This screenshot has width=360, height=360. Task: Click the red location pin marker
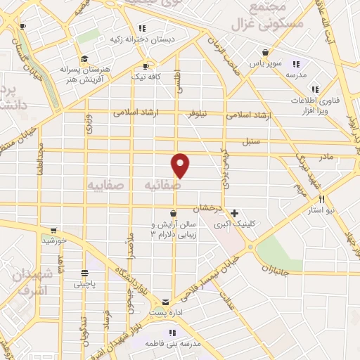(x=181, y=165)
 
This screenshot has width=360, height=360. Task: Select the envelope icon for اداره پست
(x=166, y=301)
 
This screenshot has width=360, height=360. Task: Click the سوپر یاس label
(x=265, y=63)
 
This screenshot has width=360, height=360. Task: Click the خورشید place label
(x=53, y=240)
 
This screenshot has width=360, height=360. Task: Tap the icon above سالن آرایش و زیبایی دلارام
(x=173, y=212)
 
